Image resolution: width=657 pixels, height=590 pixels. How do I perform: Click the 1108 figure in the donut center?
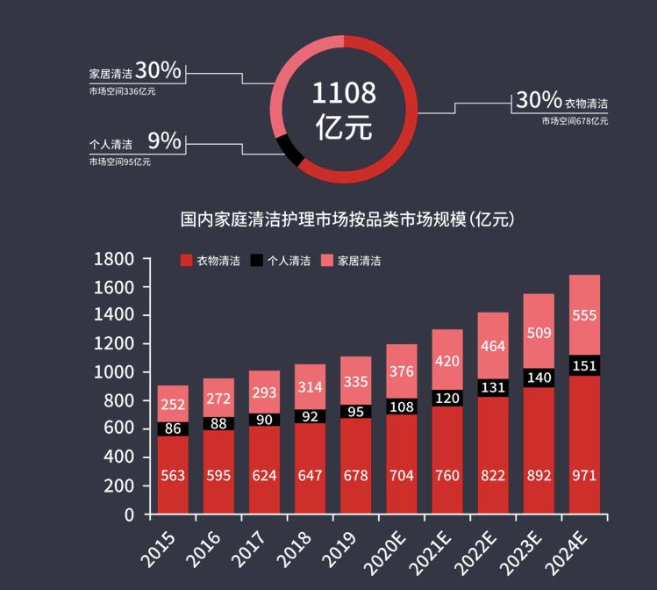[x=344, y=92]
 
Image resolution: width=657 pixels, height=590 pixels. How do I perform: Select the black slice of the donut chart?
[x=289, y=150]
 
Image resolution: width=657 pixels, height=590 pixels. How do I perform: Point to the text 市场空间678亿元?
[x=575, y=120]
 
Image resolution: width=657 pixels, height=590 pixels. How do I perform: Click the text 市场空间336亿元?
[x=122, y=90]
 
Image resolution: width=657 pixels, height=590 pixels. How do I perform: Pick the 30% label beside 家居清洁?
[x=159, y=70]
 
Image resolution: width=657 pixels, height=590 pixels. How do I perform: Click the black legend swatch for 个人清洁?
[x=257, y=261]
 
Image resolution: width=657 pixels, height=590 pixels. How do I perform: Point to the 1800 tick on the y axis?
[x=114, y=259]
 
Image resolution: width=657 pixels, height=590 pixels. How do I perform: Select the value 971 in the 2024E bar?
[x=584, y=476]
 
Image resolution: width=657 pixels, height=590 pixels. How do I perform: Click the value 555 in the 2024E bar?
[x=584, y=316]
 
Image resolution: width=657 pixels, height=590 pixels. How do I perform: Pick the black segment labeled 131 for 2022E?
[x=493, y=388]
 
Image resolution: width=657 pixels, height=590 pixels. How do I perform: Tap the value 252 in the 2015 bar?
[x=173, y=405]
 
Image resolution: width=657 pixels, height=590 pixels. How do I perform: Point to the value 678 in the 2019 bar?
[x=356, y=476]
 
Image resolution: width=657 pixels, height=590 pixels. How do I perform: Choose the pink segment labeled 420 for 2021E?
[x=447, y=360]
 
